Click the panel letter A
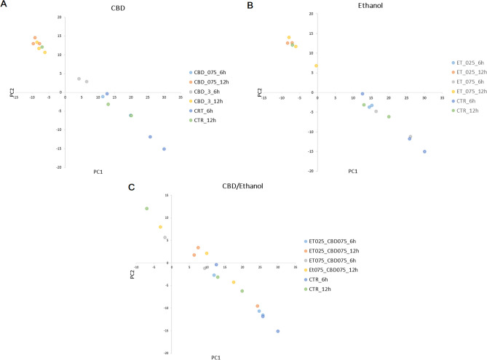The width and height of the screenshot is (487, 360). pos(4,4)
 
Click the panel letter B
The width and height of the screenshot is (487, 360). pos(249,4)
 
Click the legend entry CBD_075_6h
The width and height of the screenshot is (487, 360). pos(212,72)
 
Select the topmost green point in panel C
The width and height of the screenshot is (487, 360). pos(146,208)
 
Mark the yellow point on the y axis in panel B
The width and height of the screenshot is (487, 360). pos(317,65)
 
